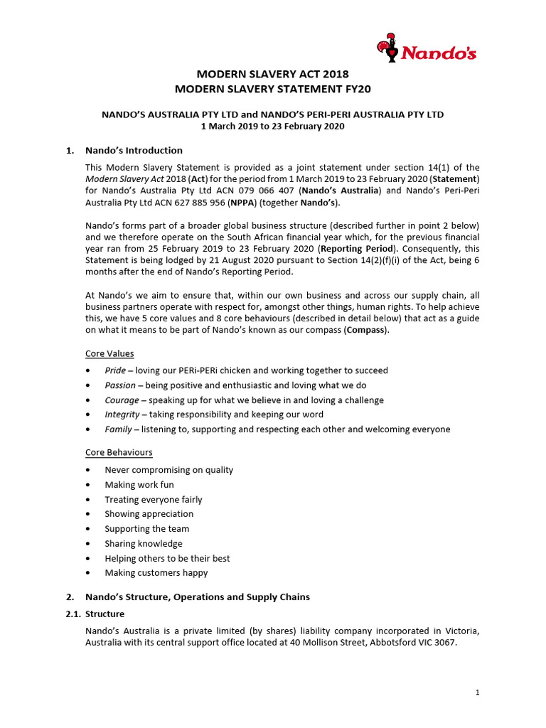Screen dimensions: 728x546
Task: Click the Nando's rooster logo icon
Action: (x=388, y=48)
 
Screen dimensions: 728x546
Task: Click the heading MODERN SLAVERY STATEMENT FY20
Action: (x=273, y=89)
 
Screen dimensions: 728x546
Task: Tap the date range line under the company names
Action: (x=273, y=126)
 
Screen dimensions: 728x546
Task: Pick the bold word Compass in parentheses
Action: (x=364, y=330)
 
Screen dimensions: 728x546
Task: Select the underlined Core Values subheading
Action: (x=109, y=353)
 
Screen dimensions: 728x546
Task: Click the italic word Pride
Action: (x=115, y=370)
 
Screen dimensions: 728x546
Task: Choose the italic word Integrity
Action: (x=122, y=414)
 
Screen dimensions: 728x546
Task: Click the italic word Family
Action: (x=118, y=429)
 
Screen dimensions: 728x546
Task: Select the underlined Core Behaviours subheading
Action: (x=119, y=452)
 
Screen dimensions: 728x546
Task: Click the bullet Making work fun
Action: (x=139, y=485)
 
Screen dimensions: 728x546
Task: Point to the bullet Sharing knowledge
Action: (x=144, y=544)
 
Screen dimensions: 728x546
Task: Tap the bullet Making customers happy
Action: (x=156, y=573)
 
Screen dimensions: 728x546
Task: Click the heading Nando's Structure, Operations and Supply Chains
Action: (x=198, y=596)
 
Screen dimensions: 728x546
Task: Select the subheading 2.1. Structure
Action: (x=95, y=614)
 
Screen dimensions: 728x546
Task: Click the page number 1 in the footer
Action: (x=477, y=692)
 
